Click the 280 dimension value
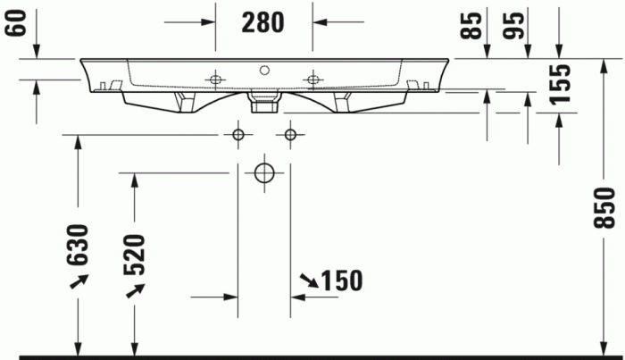(262, 21)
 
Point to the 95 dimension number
(512, 24)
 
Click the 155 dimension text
(560, 85)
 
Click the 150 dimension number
(341, 281)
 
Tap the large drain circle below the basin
(263, 172)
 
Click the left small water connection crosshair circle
(237, 135)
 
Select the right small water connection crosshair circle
(289, 135)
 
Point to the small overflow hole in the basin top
(264, 68)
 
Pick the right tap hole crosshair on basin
(312, 80)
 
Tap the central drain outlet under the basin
(263, 105)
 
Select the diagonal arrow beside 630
(79, 282)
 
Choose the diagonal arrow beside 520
(135, 290)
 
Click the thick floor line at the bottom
(312, 356)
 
